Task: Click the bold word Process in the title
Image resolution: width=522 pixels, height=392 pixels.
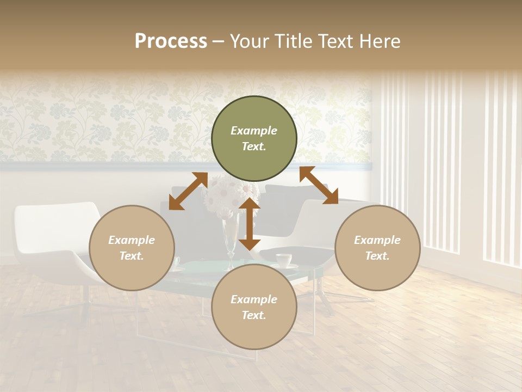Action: pyautogui.click(x=171, y=41)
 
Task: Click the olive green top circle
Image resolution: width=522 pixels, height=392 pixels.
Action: pyautogui.click(x=254, y=139)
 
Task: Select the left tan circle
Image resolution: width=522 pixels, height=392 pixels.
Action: pyautogui.click(x=132, y=248)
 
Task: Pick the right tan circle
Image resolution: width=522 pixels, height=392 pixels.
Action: pyautogui.click(x=377, y=248)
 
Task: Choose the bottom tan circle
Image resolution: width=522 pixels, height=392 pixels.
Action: pyautogui.click(x=254, y=307)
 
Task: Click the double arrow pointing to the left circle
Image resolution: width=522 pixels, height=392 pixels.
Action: pyautogui.click(x=188, y=191)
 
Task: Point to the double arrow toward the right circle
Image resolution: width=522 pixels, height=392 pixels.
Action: pyautogui.click(x=319, y=185)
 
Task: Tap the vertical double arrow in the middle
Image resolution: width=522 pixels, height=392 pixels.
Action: pyautogui.click(x=250, y=224)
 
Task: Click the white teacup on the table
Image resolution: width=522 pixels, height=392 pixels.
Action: pyautogui.click(x=283, y=260)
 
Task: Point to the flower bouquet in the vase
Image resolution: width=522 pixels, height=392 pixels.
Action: pyautogui.click(x=231, y=194)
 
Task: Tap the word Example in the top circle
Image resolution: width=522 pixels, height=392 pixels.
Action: pyautogui.click(x=254, y=131)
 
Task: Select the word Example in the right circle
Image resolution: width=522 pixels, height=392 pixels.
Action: pyautogui.click(x=377, y=240)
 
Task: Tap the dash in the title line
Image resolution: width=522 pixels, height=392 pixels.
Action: pyautogui.click(x=219, y=41)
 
